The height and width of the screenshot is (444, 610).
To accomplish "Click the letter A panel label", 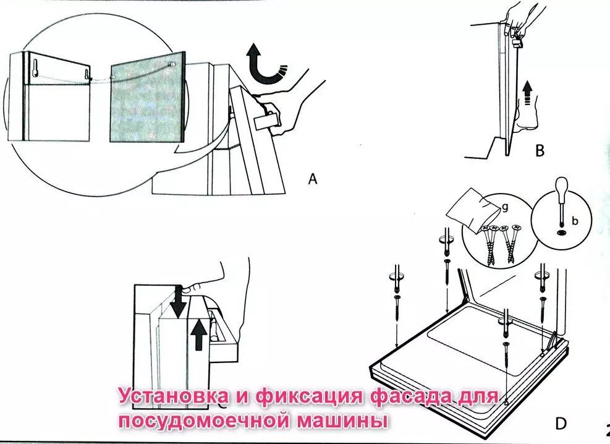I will [x=313, y=179].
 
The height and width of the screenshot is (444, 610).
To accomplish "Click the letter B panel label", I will [x=540, y=150].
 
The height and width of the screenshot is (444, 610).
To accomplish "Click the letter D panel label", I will [x=560, y=424].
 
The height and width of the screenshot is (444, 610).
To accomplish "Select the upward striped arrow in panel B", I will [x=526, y=95].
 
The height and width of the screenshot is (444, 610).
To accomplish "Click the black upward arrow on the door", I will [x=198, y=334].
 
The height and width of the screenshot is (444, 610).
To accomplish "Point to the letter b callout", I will [x=575, y=220].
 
